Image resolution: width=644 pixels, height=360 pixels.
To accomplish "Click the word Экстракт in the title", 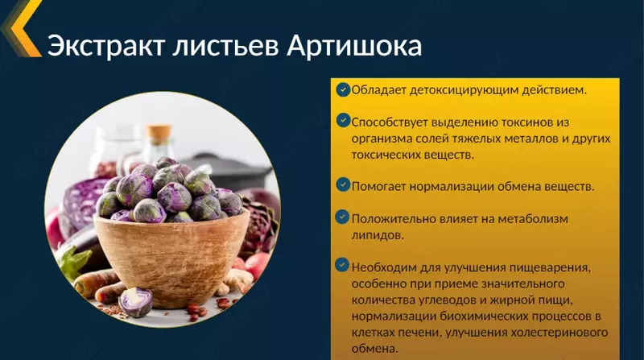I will [x=102, y=45].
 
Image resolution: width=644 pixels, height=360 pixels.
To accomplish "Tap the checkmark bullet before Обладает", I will [x=343, y=89].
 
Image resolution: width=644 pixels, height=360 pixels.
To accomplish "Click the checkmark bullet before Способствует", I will [x=343, y=122].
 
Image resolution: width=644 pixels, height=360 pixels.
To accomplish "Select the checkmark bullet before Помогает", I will [x=343, y=185].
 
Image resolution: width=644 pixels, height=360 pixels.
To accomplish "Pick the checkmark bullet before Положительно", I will [x=343, y=217].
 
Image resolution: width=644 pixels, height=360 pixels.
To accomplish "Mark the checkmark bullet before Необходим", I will [x=343, y=266].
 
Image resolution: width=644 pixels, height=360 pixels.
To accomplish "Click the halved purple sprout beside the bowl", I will [x=135, y=302].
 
